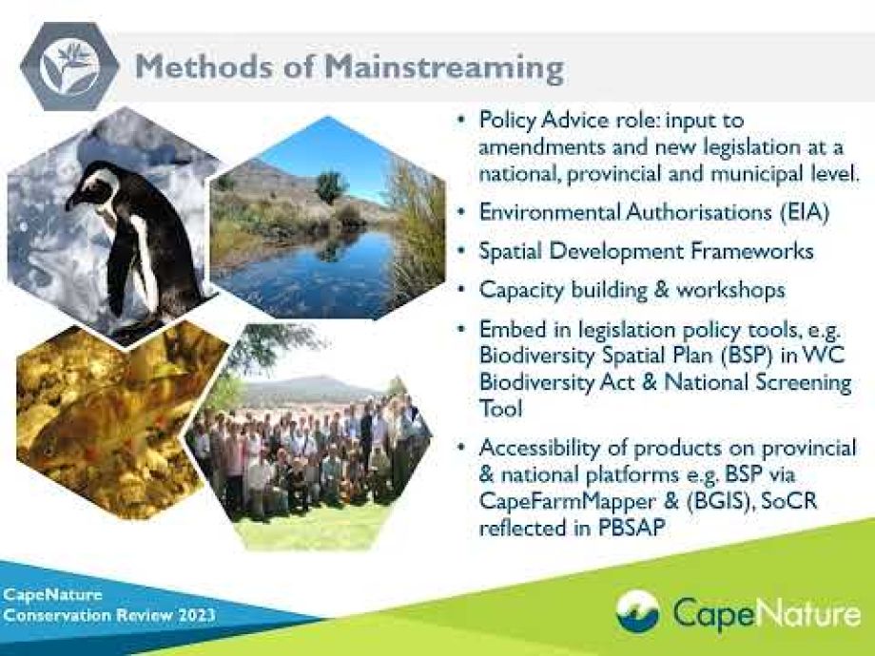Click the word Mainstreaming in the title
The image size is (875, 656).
444,68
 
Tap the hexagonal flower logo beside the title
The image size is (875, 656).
69,66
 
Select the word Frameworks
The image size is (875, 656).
751,251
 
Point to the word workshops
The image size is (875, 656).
730,290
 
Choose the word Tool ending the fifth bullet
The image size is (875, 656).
500,409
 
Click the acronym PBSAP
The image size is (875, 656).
632,528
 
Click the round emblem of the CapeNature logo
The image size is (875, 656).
637,611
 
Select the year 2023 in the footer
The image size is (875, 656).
197,615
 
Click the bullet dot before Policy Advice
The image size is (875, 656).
460,120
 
